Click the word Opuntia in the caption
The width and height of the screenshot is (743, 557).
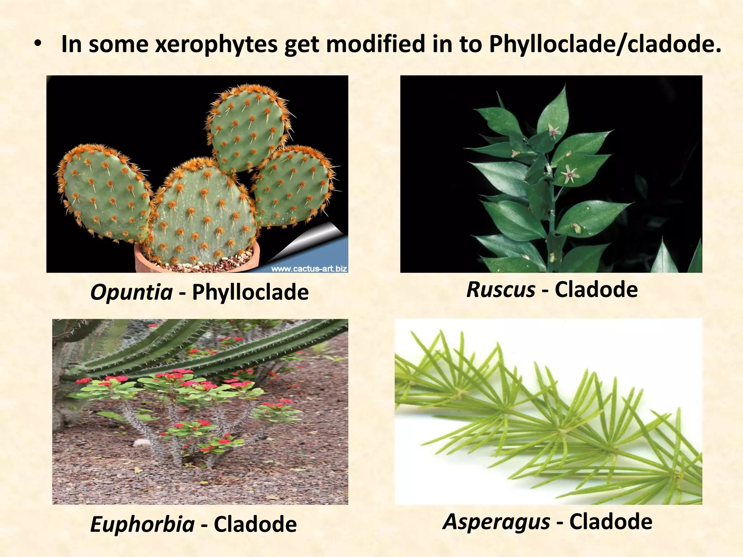click(131, 292)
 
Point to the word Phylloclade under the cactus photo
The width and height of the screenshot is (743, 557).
click(250, 292)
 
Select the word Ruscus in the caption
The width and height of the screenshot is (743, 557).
click(501, 290)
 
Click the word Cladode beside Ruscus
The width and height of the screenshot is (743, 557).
click(596, 290)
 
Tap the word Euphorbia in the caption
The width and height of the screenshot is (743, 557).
click(142, 524)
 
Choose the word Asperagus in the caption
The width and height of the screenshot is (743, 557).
click(496, 521)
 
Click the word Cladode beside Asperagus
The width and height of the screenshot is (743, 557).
click(611, 521)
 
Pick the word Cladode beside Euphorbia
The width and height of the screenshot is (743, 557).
click(255, 524)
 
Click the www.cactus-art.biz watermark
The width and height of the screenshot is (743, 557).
click(309, 269)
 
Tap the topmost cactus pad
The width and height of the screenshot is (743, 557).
click(247, 129)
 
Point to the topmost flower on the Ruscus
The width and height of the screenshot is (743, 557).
click(554, 131)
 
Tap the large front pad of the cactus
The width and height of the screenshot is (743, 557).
click(201, 214)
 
